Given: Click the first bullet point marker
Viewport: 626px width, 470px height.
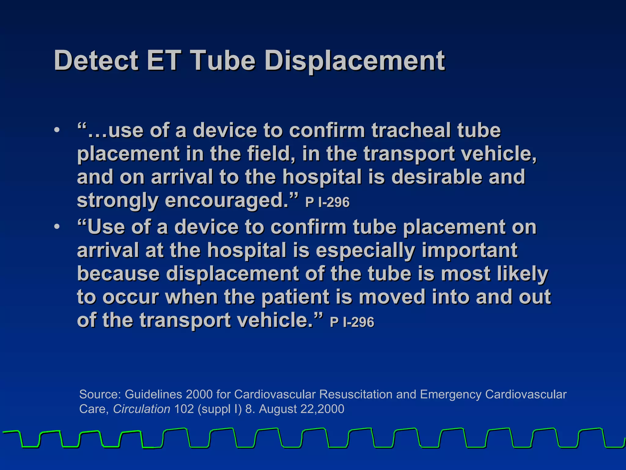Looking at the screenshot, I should (x=56, y=130).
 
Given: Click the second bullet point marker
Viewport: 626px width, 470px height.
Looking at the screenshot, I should (x=56, y=227).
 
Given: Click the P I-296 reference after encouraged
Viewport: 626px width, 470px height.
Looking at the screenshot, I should (x=327, y=202).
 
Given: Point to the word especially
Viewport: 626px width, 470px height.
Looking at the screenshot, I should (x=365, y=250).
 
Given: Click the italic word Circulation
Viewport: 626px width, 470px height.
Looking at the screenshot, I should (x=142, y=409).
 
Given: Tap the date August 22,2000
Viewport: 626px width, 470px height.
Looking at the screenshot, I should (x=301, y=409).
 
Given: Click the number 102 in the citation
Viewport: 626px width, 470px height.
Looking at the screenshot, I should (x=184, y=409).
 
